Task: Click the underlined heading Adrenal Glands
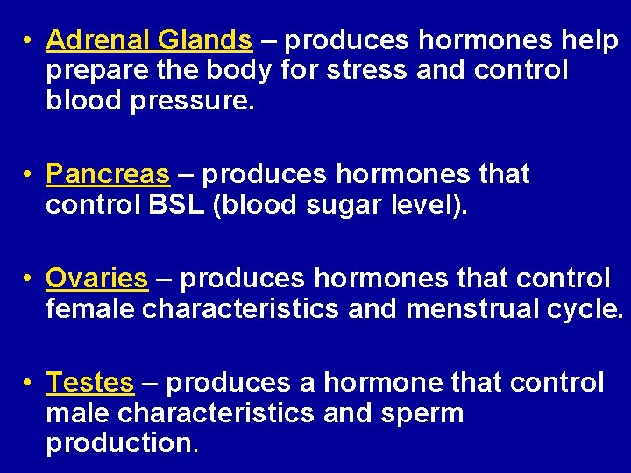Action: coord(149,40)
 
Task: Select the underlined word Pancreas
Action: coord(108,174)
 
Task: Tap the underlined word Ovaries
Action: coord(96,279)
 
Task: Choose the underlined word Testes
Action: coord(89,383)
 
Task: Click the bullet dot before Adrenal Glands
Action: coord(29,41)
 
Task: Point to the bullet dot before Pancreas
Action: coord(29,175)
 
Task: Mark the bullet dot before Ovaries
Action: coord(29,279)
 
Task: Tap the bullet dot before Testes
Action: coord(29,384)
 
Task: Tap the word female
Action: coord(90,309)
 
